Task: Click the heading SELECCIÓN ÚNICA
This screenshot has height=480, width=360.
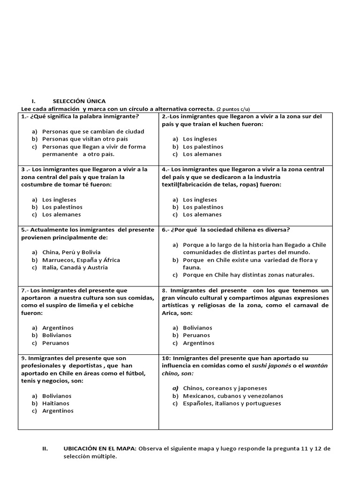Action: pos(79,101)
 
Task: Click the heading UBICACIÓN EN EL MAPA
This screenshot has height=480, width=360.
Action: pos(100,448)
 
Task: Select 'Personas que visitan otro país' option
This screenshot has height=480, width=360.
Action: pos(85,139)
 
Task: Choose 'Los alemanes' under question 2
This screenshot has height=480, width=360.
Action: pos(202,154)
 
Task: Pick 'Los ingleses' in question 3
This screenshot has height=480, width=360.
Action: pos(59,199)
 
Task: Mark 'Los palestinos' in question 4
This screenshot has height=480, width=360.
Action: pos(203,207)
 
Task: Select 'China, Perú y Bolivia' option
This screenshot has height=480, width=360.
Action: pos(71,252)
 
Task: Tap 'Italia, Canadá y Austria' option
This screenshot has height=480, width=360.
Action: pos(75,267)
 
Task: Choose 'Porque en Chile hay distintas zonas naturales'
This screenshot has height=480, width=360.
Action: pos(248,275)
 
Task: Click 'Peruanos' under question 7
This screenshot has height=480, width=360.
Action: pos(55,343)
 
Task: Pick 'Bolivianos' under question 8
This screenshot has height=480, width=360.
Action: pos(197,328)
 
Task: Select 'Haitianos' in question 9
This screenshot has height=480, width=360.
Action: pos(55,403)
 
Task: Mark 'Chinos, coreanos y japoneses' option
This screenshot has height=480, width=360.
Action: pos(225,388)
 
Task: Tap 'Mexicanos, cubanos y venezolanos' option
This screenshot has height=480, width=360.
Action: pos(233,396)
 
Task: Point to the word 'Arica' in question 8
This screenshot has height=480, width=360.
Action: pos(171,313)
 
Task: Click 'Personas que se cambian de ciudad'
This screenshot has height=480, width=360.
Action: pos(93,131)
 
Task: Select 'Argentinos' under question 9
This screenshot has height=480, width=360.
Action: pos(58,411)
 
